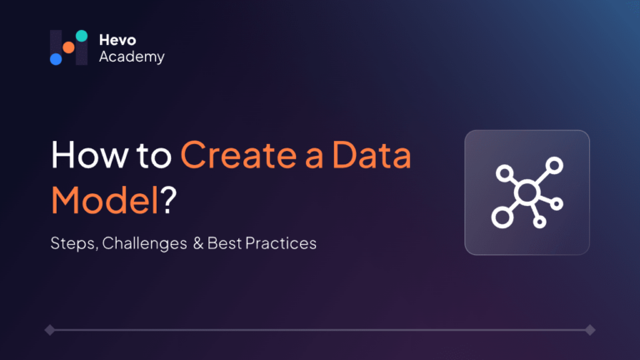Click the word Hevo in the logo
[x=117, y=40]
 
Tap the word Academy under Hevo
[x=132, y=57]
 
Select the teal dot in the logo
[x=82, y=36]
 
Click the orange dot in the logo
[x=68, y=47]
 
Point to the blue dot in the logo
[x=56, y=59]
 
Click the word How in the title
[x=89, y=155]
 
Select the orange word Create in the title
[x=239, y=155]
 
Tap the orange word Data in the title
[x=372, y=155]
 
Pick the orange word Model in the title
[x=105, y=200]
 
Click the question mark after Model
[x=168, y=199]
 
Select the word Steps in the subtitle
[x=73, y=243]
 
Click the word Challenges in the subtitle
[x=144, y=243]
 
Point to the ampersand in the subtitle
[x=198, y=243]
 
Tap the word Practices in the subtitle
[x=281, y=243]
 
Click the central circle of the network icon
[x=527, y=192]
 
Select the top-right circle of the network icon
[x=554, y=166]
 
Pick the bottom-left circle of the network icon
[x=502, y=217]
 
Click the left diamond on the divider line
[x=50, y=330]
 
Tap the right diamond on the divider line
[x=590, y=330]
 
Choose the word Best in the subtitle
[x=224, y=243]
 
